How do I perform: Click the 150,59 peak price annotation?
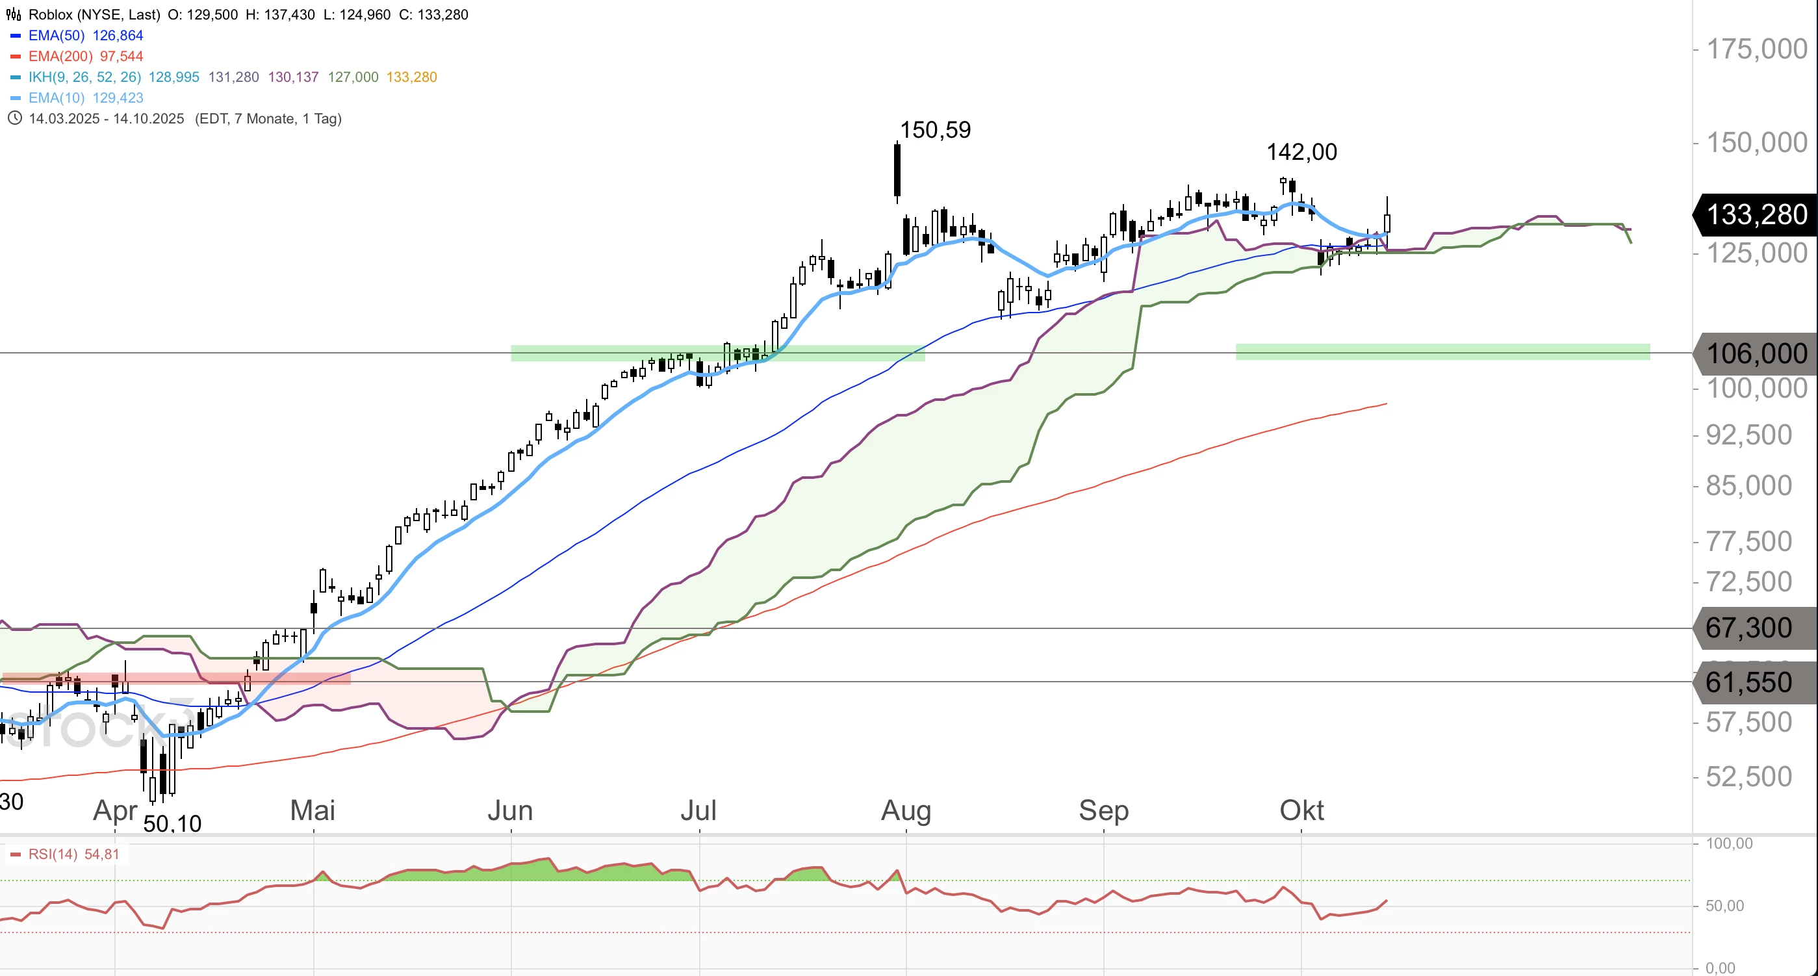coord(935,130)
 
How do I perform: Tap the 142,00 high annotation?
coord(1301,151)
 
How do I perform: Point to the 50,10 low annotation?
coord(172,823)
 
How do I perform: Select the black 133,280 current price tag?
coord(1756,214)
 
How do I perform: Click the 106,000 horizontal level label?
coord(1756,353)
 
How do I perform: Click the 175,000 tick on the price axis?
coord(1756,49)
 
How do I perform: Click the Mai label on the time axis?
coord(313,810)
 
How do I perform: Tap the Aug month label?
coord(906,810)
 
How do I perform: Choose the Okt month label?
coord(1301,810)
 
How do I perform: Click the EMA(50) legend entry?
coord(57,35)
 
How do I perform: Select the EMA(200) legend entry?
coord(60,57)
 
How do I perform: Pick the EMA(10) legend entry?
coord(57,98)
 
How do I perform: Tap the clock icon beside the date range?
coord(14,118)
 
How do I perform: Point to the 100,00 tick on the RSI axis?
coord(1728,843)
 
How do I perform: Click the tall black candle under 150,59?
coord(897,171)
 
